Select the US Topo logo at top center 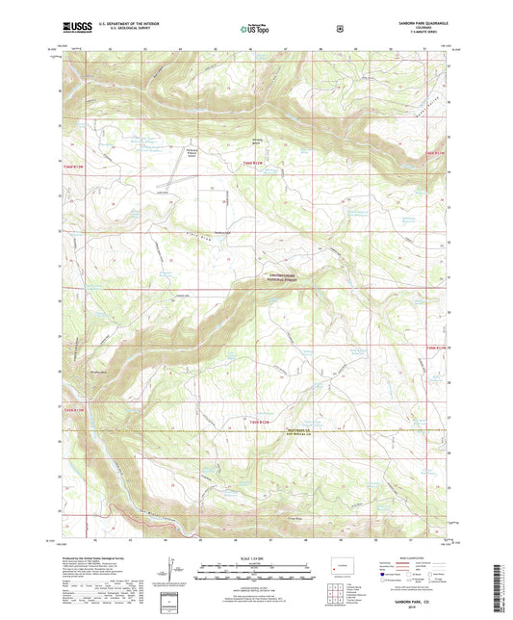coord(256,31)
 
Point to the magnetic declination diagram coord(170,577)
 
